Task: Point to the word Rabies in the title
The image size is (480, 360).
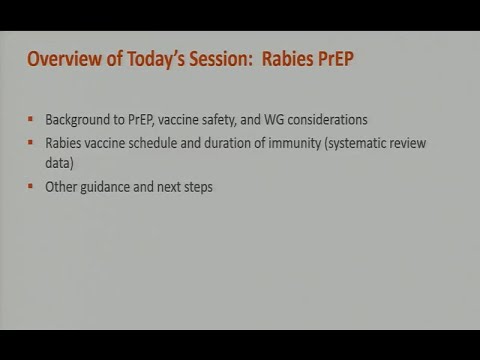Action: tap(288, 61)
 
